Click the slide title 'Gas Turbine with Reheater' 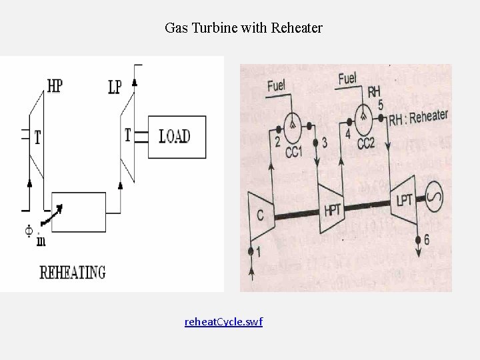pos(243,28)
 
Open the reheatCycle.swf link pos(223,322)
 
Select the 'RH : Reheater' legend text pos(418,117)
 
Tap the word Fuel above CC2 pos(347,79)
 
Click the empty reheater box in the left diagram pos(79,211)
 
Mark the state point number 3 pos(324,143)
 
